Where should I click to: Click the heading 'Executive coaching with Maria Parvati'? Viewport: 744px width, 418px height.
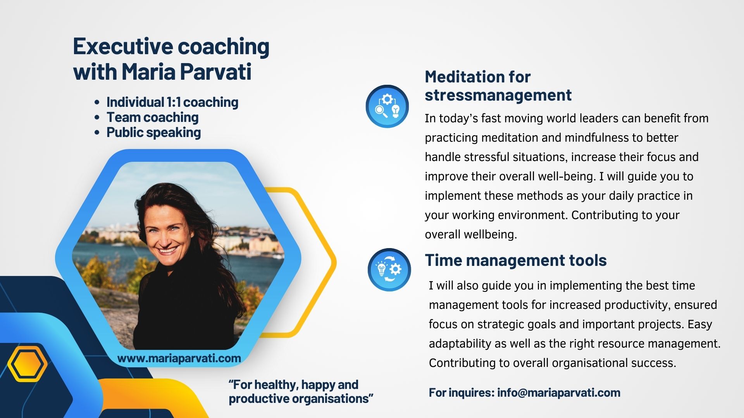171,59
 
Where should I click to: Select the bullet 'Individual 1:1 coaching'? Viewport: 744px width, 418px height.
172,102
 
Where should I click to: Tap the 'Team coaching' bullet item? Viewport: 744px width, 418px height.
152,117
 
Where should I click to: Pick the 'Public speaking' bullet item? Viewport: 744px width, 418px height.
153,132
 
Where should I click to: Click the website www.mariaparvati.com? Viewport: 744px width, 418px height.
179,358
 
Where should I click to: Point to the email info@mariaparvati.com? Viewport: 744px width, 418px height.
559,392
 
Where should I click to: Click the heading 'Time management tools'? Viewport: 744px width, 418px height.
516,260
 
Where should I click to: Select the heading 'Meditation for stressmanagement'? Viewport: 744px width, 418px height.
498,86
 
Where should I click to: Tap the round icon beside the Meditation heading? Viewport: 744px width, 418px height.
387,106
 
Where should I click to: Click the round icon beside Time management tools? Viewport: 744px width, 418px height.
389,270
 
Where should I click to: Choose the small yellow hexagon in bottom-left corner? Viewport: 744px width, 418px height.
27,364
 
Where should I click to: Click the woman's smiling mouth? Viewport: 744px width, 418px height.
167,250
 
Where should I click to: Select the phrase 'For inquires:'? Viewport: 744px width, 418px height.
462,392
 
